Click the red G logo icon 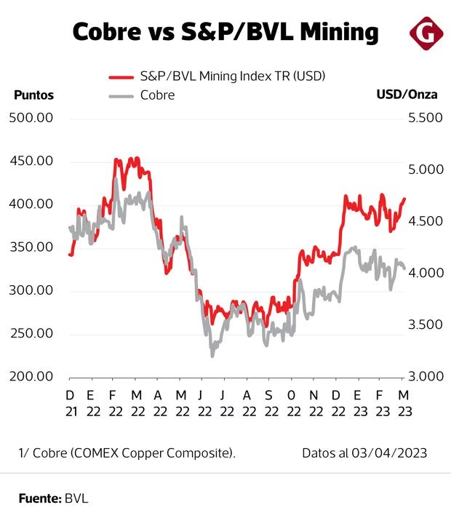click(x=424, y=33)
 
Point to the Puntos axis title click(x=33, y=95)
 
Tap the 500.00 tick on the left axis click(x=31, y=118)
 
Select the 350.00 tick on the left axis click(x=31, y=247)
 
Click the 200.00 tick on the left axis click(x=31, y=377)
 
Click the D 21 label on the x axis click(x=70, y=402)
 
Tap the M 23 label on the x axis click(x=402, y=402)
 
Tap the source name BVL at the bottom click(x=76, y=498)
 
